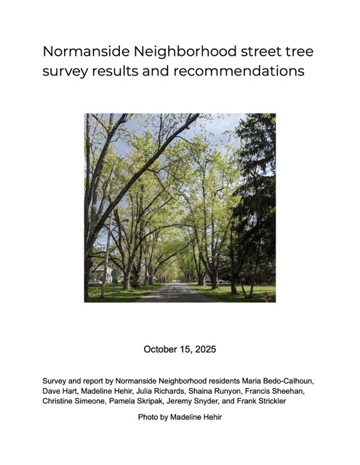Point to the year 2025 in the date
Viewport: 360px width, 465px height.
click(203, 349)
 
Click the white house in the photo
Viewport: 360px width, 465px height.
click(109, 275)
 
